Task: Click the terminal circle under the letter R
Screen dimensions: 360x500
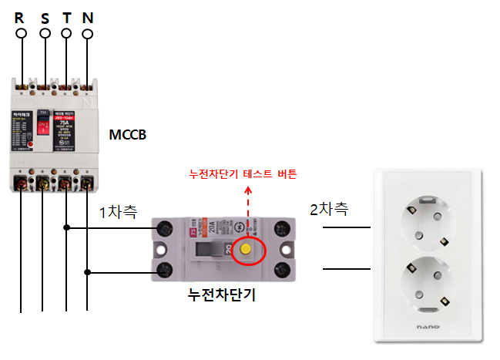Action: [22, 34]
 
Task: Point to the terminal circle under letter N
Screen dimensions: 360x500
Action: [88, 35]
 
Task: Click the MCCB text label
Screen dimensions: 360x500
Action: [126, 136]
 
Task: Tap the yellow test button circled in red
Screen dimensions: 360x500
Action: [246, 250]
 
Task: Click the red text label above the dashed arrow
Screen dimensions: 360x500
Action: [243, 173]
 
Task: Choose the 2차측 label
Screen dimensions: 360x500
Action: [329, 208]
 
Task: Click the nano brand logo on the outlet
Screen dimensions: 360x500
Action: [428, 327]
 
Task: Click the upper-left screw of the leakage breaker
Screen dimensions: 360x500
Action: [164, 229]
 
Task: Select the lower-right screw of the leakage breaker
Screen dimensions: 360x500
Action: [282, 269]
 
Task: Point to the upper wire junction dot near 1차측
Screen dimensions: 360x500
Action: [69, 228]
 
